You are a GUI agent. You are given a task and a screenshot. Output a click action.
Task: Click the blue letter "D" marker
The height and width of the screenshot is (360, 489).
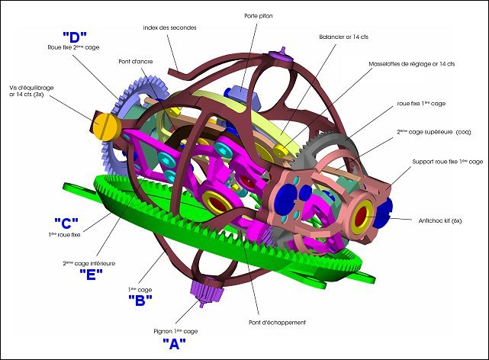click(75, 37)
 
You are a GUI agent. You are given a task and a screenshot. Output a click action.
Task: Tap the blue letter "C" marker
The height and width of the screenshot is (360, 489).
click(66, 223)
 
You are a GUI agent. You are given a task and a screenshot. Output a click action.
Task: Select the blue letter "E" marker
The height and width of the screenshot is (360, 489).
click(91, 275)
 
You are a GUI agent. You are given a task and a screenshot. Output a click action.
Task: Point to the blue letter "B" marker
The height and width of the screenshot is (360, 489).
click(140, 301)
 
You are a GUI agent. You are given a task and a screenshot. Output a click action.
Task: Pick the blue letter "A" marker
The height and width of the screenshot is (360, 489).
click(175, 343)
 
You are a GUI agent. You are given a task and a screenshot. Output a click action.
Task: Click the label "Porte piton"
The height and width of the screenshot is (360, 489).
click(259, 16)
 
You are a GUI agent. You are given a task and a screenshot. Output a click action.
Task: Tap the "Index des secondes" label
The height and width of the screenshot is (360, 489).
click(169, 27)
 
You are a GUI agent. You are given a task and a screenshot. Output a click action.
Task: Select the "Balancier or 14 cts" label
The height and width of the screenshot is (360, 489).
click(343, 37)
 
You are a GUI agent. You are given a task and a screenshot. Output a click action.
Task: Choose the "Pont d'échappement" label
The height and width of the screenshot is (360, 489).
click(277, 323)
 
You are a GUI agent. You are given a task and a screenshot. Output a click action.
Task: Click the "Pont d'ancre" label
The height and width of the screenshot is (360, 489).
click(136, 62)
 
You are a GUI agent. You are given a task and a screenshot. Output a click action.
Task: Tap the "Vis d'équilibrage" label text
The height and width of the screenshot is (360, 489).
click(31, 88)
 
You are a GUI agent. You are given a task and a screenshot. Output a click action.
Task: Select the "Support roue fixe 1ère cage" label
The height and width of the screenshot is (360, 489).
click(448, 162)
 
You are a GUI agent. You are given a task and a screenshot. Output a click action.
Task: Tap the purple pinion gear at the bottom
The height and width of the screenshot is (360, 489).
click(206, 292)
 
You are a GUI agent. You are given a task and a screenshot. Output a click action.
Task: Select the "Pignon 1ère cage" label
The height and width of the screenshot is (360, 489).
click(175, 331)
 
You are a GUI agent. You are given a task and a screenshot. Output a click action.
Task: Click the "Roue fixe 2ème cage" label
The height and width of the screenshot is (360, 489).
click(73, 47)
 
